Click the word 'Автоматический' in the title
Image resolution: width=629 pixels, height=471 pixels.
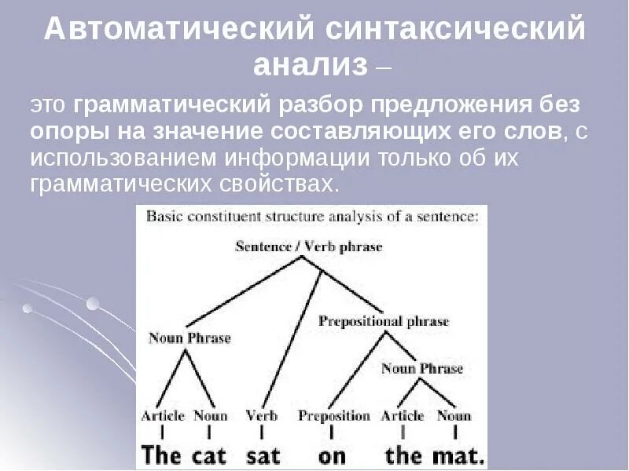pos(179,28)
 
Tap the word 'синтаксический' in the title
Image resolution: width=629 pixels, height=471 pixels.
pos(455,28)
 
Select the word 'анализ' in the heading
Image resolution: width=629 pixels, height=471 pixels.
pos(311,65)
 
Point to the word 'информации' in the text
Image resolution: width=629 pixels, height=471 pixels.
pos(297,159)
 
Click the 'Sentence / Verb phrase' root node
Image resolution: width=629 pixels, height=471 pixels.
pos(308,246)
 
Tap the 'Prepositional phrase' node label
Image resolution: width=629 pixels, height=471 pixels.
pos(384,321)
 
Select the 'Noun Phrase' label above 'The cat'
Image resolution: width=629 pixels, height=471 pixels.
pos(189,338)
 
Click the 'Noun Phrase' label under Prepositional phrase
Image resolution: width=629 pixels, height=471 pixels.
pos(422,368)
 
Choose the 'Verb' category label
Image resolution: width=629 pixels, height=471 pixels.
pos(262,415)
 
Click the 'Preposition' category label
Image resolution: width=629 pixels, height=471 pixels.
pos(333,416)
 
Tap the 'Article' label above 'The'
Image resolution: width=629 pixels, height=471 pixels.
pos(163,416)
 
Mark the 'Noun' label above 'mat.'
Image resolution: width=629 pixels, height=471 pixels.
pos(454,416)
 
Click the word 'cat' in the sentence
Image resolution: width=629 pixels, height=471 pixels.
pos(208,456)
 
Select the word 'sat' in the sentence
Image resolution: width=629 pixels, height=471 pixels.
pos(263,456)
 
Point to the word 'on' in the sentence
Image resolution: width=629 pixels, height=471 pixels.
pos(332,458)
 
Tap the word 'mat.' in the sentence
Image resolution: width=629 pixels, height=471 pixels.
pos(459,456)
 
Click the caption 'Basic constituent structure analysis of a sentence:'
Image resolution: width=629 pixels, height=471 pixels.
pos(312,217)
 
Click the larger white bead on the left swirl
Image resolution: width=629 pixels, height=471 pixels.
pos(93,304)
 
